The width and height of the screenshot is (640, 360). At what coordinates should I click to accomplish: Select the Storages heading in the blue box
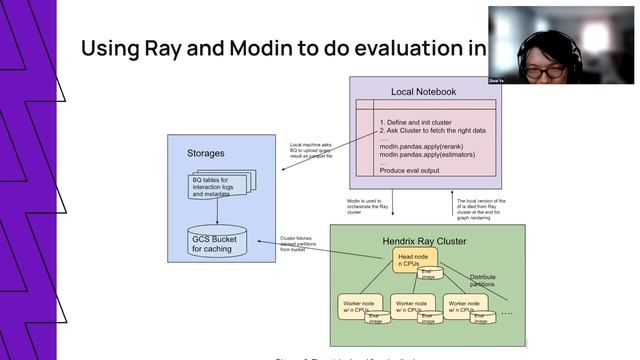pyautogui.click(x=206, y=154)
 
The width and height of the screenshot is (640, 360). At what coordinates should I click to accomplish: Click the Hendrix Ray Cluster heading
pyautogui.click(x=426, y=241)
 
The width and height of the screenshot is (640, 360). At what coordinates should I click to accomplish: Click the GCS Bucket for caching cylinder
pyautogui.click(x=214, y=242)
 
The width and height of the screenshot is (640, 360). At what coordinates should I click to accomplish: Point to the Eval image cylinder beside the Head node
pyautogui.click(x=430, y=272)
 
